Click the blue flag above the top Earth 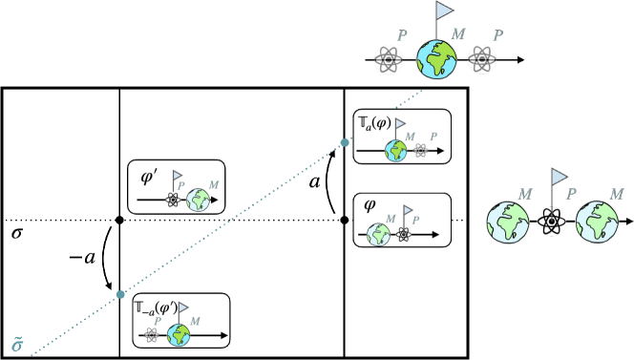445,11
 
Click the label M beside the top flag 458,34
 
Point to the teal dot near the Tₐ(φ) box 345,143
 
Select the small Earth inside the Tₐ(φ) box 395,150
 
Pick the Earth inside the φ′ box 199,201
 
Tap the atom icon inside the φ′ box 173,201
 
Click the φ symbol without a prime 370,204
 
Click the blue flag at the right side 560,177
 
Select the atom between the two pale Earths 552,223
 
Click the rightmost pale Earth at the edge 601,223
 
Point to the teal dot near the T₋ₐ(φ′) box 120,294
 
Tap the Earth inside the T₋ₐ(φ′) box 179,335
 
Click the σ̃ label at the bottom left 16,343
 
